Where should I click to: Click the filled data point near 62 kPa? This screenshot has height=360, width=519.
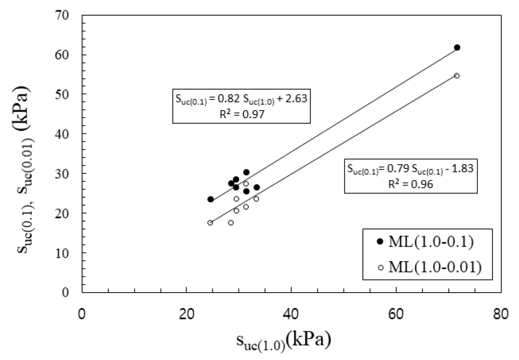click(x=457, y=47)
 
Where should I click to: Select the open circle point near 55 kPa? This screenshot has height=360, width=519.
click(x=456, y=75)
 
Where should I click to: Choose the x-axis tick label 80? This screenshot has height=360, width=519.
click(x=500, y=314)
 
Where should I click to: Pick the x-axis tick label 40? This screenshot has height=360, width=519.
click(x=291, y=314)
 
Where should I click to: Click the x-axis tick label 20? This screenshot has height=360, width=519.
click(x=187, y=314)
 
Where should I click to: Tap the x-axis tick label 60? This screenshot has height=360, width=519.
click(x=396, y=314)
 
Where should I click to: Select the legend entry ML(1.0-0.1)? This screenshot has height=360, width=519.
click(x=425, y=241)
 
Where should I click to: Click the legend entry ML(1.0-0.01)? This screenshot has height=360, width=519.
click(x=429, y=267)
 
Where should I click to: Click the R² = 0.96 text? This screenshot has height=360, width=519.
click(x=410, y=184)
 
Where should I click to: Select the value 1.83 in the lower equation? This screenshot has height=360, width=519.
click(x=461, y=168)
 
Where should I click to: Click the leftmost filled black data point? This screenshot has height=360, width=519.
click(x=210, y=199)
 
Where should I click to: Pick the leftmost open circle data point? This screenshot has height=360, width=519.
click(x=210, y=223)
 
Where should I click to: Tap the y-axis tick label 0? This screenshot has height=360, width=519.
click(x=66, y=292)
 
